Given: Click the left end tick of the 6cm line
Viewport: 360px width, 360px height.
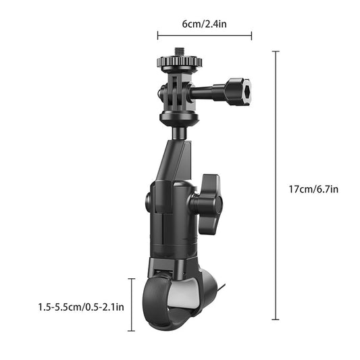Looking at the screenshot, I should pyautogui.click(x=157, y=35).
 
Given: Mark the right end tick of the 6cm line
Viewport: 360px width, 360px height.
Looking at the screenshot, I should pyautogui.click(x=252, y=35).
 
